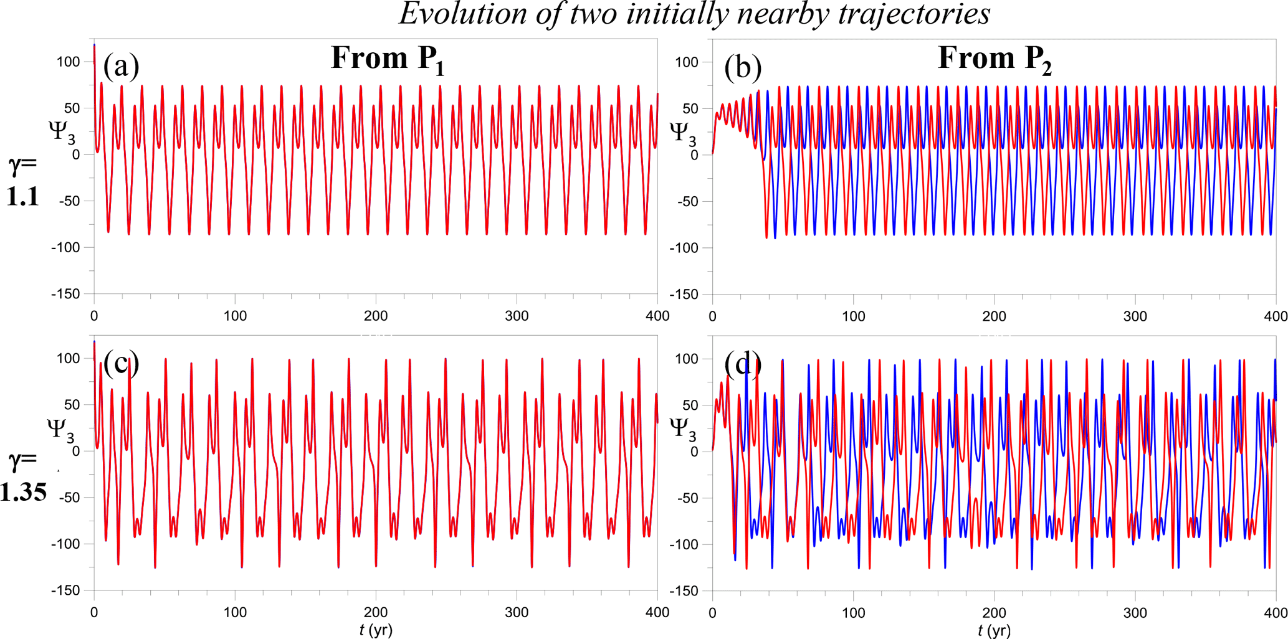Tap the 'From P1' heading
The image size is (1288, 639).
pyautogui.click(x=388, y=60)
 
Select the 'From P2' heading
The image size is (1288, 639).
pyautogui.click(x=995, y=60)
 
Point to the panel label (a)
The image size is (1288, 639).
pyautogui.click(x=121, y=66)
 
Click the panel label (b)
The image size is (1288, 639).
pyautogui.click(x=742, y=67)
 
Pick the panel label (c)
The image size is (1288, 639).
pyautogui.click(x=121, y=362)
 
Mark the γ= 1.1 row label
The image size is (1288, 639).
pyautogui.click(x=23, y=181)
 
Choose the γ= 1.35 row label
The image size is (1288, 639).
pyautogui.click(x=23, y=476)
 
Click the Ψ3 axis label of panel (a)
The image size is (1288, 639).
pyautogui.click(x=61, y=132)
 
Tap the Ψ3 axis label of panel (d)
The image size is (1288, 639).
pyautogui.click(x=682, y=428)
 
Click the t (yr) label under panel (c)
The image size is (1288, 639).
pyautogui.click(x=376, y=630)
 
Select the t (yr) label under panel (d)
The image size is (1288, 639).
pyautogui.click(x=995, y=630)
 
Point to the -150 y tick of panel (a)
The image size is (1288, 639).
pyautogui.click(x=65, y=294)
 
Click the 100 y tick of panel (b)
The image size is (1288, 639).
pyautogui.click(x=687, y=62)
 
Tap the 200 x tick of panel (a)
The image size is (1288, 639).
pyautogui.click(x=376, y=316)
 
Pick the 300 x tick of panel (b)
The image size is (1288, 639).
pyautogui.click(x=1135, y=316)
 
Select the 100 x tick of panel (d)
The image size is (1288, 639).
pyautogui.click(x=853, y=612)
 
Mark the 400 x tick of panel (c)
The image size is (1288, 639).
pyautogui.click(x=657, y=612)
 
